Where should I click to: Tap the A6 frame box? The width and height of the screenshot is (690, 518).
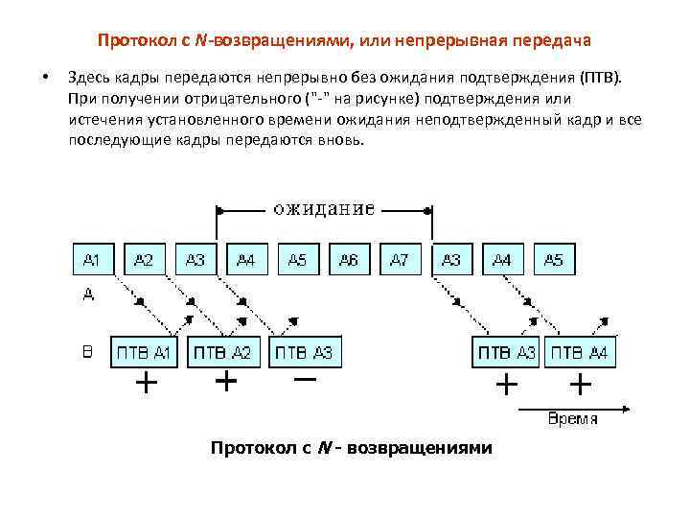(349, 260)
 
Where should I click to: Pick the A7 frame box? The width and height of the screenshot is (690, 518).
(401, 260)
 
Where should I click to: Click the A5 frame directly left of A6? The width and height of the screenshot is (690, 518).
(298, 260)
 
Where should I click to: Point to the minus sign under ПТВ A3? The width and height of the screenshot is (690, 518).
(305, 381)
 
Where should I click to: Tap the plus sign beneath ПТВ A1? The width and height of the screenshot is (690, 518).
(146, 384)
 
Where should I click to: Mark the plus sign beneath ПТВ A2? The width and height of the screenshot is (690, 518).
(225, 383)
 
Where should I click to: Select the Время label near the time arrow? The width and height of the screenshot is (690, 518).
(573, 418)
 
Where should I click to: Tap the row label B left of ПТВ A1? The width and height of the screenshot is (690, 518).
(87, 352)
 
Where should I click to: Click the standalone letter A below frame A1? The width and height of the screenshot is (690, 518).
(88, 296)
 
